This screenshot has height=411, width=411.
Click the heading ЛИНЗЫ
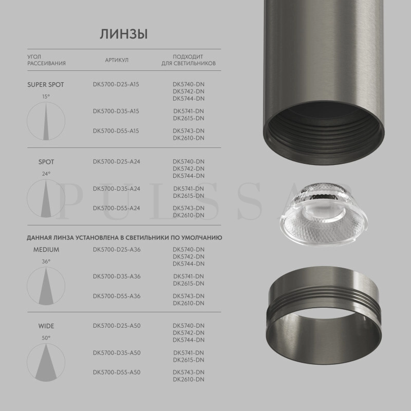(124, 34)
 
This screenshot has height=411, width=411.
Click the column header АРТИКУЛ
(117, 60)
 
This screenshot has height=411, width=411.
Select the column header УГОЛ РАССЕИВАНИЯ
(46, 60)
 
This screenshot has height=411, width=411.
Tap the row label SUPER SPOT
(46, 84)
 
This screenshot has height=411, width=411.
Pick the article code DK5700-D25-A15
(116, 84)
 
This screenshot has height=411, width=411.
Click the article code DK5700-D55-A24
(117, 208)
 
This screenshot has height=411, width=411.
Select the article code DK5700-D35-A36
(117, 276)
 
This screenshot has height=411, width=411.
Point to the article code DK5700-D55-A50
(117, 372)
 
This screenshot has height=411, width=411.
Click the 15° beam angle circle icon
(46, 121)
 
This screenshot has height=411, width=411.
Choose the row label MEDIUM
(46, 250)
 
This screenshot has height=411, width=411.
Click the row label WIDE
(46, 326)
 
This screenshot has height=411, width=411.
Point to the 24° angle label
(46, 174)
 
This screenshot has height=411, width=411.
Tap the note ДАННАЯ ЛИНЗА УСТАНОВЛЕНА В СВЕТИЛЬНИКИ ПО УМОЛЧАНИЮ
(124, 238)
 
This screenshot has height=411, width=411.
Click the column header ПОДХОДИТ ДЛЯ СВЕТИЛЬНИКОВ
(189, 60)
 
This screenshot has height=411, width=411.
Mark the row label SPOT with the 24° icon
(46, 162)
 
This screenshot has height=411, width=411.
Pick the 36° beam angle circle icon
(46, 286)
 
